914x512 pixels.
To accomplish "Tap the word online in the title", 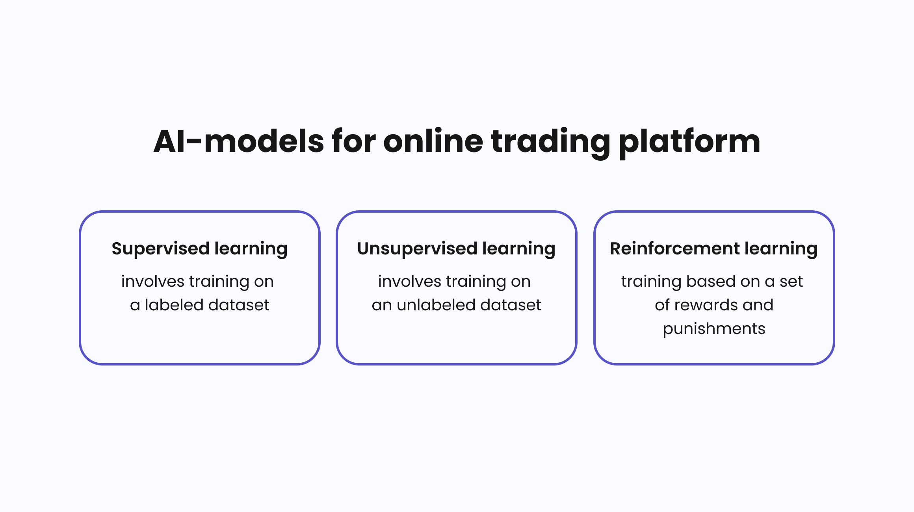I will pyautogui.click(x=433, y=141).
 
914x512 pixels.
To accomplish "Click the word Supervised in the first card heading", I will pyautogui.click(x=160, y=249).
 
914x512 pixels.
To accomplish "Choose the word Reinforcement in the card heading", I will pyautogui.click(x=675, y=249).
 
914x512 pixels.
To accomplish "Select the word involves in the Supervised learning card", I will pyautogui.click(x=153, y=282).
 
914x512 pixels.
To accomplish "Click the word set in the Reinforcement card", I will pyautogui.click(x=791, y=282).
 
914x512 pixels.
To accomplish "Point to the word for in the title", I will pyautogui.click(x=354, y=141).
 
